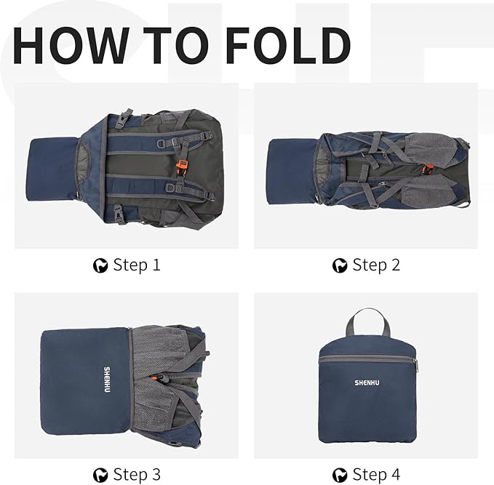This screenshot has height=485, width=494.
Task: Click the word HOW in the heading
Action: (71, 45)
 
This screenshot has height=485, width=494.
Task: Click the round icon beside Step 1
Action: (100, 265)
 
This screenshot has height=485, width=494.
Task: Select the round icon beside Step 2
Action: (340, 265)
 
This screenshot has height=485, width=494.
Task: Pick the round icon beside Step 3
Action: (100, 476)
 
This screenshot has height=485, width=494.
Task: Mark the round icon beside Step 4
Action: (340, 476)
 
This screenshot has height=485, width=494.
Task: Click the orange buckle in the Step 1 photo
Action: (182, 165)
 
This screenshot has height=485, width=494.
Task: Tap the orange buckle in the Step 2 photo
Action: (426, 169)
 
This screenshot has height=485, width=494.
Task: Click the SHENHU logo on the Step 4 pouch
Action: (367, 382)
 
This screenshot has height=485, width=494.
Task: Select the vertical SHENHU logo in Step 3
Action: (107, 380)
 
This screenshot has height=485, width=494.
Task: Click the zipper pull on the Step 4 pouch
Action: (416, 366)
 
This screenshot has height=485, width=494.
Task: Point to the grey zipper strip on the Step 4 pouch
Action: (367, 359)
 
